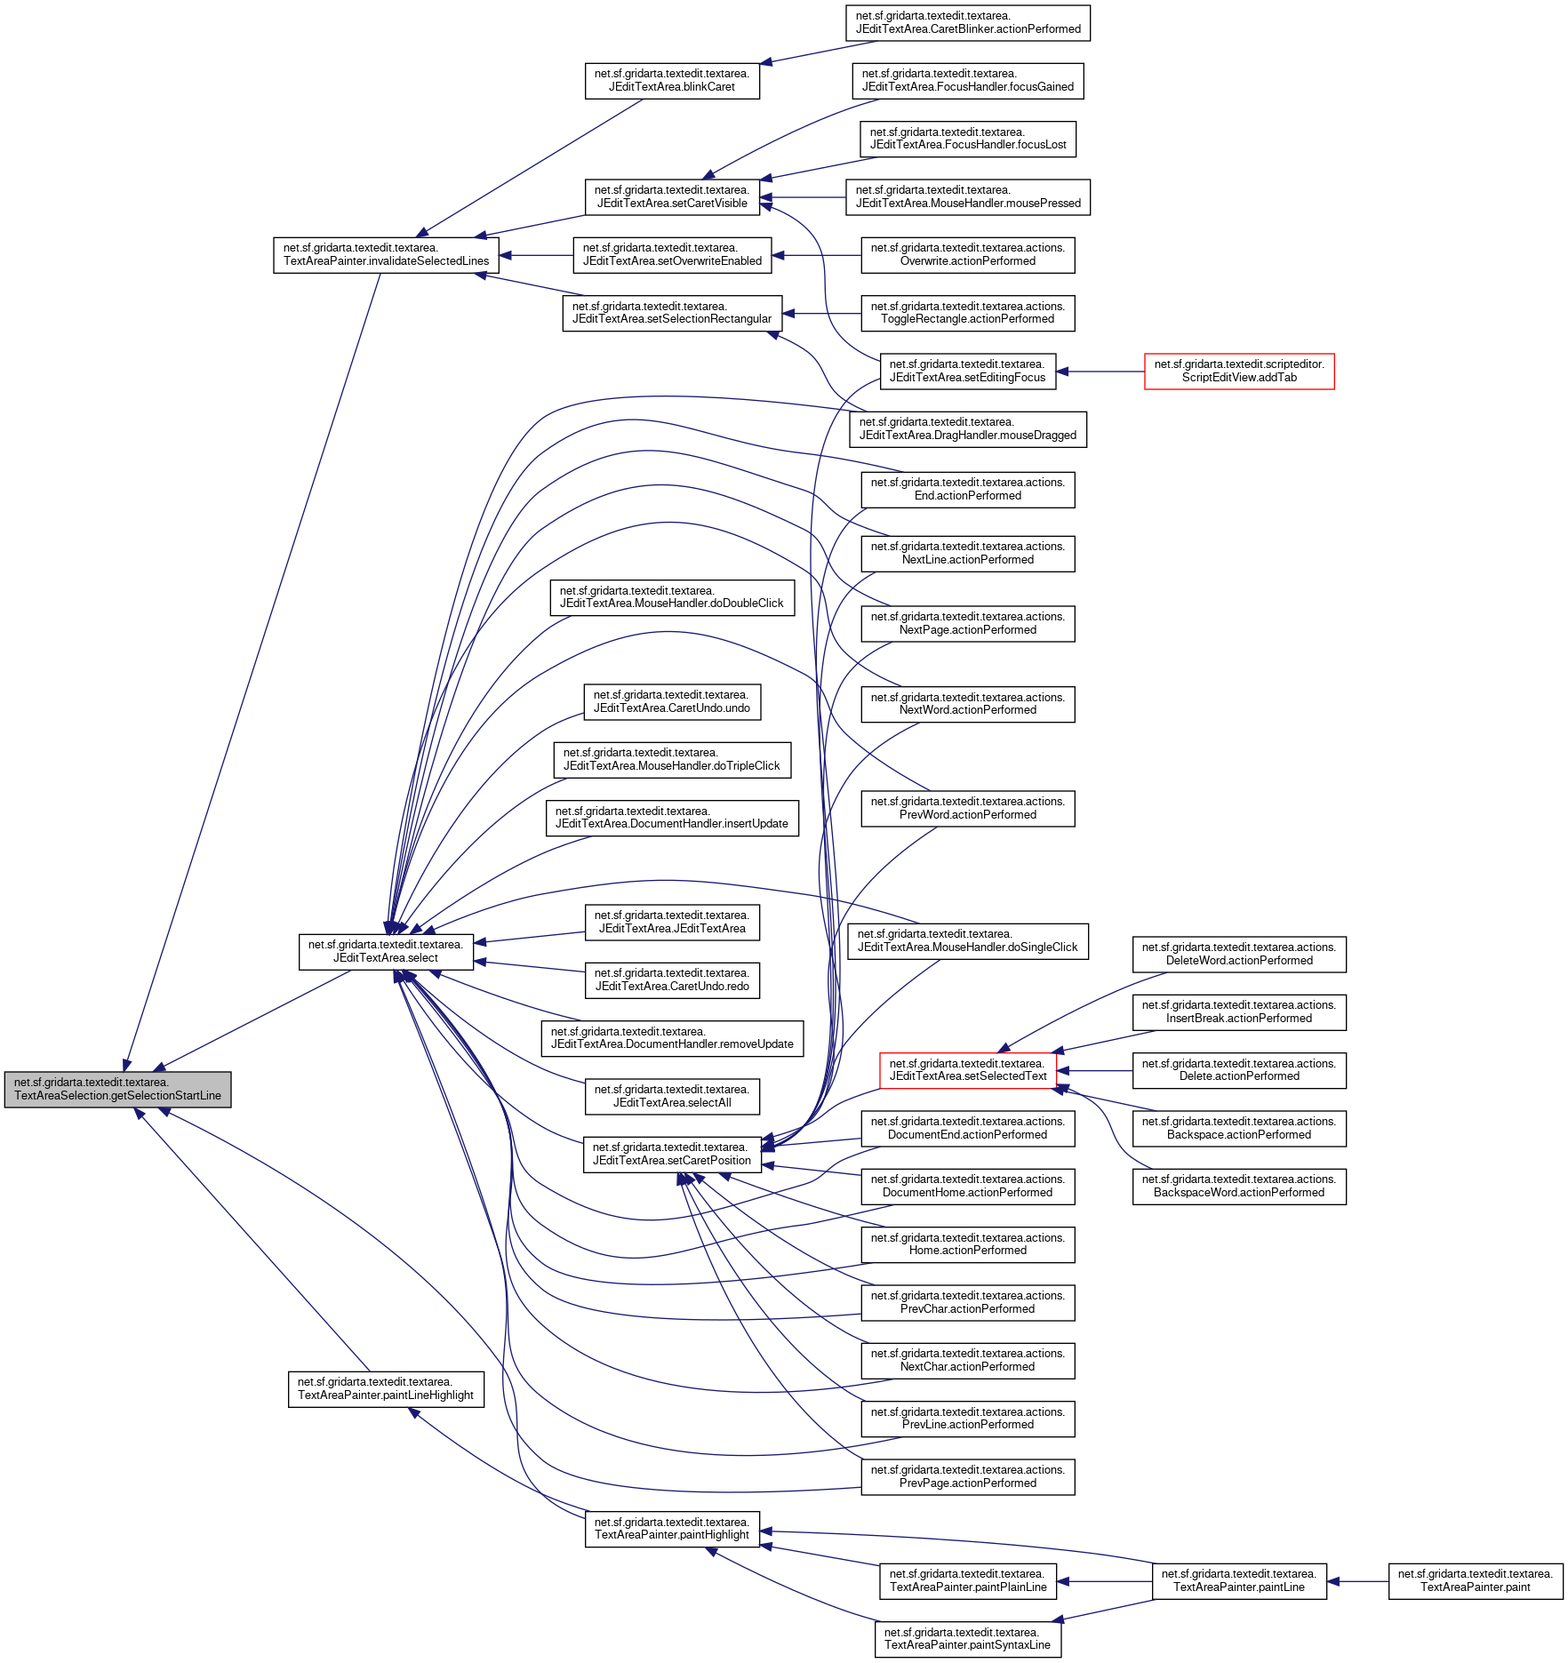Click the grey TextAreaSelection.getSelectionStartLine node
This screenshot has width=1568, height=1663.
[x=117, y=1089]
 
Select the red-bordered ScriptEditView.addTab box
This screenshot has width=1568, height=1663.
[x=1238, y=371]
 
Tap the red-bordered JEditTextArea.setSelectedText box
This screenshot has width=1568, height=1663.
[x=967, y=1070]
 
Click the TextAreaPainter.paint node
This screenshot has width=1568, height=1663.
[x=1475, y=1580]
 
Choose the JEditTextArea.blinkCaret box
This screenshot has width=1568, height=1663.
[x=671, y=80]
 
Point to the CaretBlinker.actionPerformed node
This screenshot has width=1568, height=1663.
[x=967, y=22]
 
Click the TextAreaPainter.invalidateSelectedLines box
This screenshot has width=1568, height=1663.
[x=386, y=254]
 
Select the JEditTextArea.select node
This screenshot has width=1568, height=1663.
[x=386, y=951]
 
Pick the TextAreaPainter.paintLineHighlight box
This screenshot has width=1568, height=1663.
[x=386, y=1388]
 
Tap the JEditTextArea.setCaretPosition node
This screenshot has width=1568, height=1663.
[x=671, y=1154]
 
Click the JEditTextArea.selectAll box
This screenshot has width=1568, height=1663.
[x=671, y=1096]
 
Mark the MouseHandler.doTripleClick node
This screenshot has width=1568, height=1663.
[x=671, y=759]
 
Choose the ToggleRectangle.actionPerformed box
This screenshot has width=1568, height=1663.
[x=967, y=313]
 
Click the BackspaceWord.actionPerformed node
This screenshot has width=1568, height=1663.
[x=1238, y=1186]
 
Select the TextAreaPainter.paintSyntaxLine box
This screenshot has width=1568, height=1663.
[x=967, y=1638]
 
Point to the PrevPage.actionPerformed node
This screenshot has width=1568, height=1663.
[x=967, y=1476]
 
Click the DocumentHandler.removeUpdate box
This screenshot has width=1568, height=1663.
[x=671, y=1038]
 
